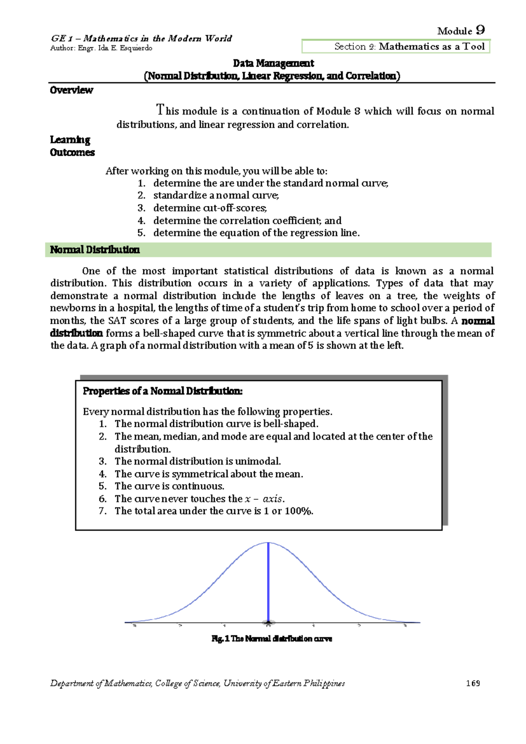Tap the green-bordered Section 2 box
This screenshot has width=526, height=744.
[x=396, y=46]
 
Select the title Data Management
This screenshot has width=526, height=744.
[x=273, y=63]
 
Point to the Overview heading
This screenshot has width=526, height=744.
[x=71, y=90]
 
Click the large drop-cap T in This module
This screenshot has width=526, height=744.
[x=160, y=109]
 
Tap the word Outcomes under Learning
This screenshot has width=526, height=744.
[x=72, y=153]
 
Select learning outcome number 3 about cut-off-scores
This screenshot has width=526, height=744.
[x=210, y=208]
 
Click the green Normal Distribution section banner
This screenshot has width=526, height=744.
[x=268, y=250]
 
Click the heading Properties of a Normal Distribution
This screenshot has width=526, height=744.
[x=163, y=391]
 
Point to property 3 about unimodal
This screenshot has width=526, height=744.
[x=197, y=461]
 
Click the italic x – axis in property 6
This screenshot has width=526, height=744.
[x=264, y=499]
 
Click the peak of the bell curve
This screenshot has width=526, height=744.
[x=268, y=543]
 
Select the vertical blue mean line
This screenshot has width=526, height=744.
[x=268, y=583]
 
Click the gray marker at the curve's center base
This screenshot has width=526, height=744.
[x=268, y=623]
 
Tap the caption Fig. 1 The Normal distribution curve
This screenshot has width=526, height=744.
[x=272, y=639]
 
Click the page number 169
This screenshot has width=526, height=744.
[x=473, y=683]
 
